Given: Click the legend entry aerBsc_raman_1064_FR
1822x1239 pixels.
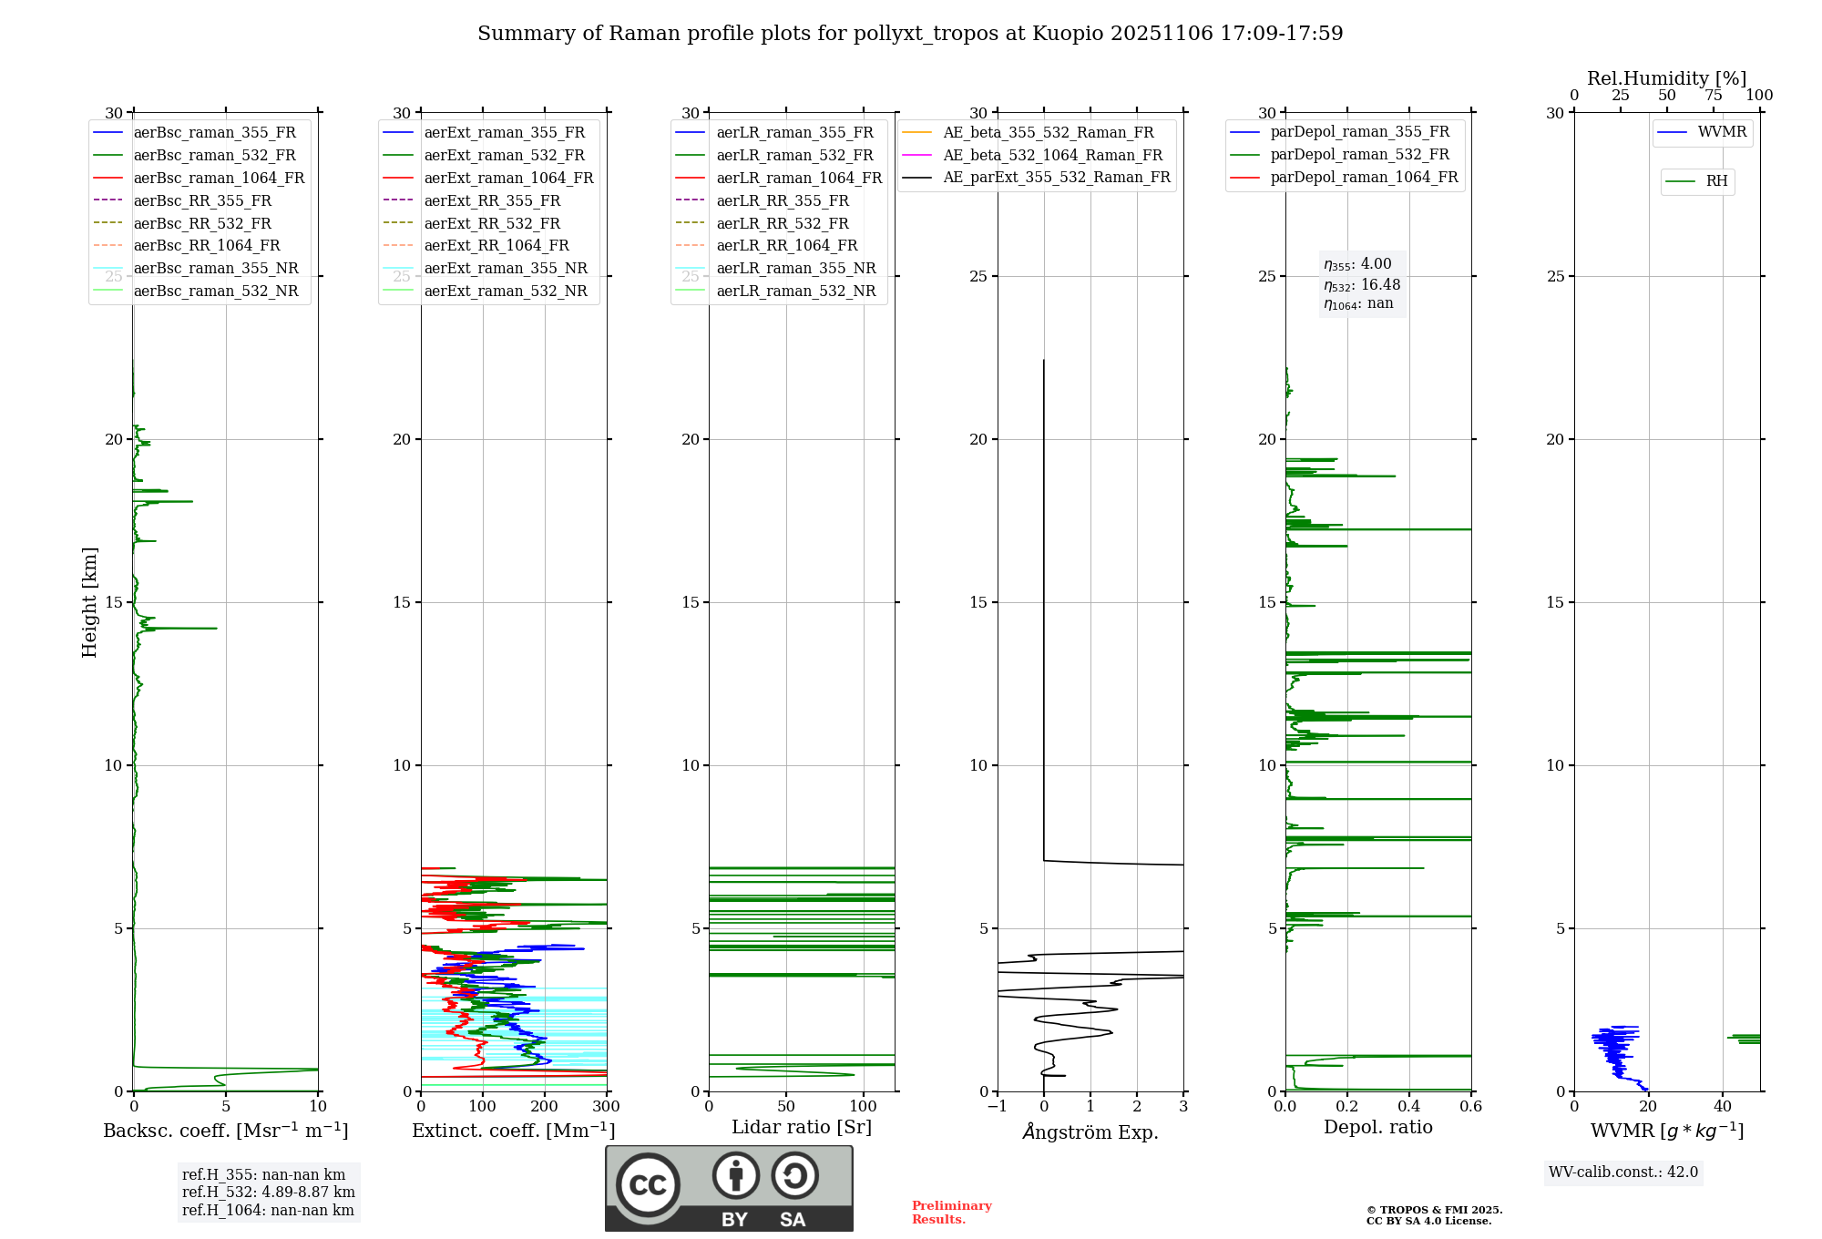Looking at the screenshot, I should (x=219, y=178).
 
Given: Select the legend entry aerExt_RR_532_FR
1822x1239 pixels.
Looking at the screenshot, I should (x=492, y=223).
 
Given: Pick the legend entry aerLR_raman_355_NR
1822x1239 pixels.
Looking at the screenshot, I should (x=795, y=268).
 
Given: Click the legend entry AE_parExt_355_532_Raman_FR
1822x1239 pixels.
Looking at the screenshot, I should (x=1056, y=177).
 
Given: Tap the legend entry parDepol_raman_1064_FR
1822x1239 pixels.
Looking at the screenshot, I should (x=1364, y=177).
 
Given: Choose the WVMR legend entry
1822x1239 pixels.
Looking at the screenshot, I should (x=1722, y=132).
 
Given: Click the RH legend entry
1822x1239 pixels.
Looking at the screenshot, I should (x=1716, y=181).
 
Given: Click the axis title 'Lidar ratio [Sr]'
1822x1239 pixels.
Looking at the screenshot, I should (x=802, y=1127).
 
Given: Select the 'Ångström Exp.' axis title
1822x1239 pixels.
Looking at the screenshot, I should (x=1090, y=1131).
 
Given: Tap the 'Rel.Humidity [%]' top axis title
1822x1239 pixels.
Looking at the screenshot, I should (x=1666, y=78).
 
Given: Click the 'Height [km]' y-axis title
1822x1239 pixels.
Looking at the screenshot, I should (x=89, y=601).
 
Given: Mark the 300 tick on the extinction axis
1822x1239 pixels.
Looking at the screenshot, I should (x=606, y=1107).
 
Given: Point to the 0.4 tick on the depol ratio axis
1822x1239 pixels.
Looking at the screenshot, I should (x=1409, y=1107).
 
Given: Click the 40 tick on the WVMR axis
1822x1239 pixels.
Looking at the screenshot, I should (x=1723, y=1107).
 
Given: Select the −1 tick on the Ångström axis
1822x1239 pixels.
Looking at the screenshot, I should (x=997, y=1107).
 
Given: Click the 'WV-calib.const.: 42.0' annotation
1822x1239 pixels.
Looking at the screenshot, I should (x=1623, y=1172).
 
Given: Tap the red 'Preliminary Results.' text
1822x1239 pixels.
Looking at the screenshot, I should (x=951, y=1213).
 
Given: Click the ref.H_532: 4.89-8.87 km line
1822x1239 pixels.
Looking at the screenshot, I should (x=269, y=1192).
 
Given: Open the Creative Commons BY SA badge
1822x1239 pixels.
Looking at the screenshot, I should (x=729, y=1188).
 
